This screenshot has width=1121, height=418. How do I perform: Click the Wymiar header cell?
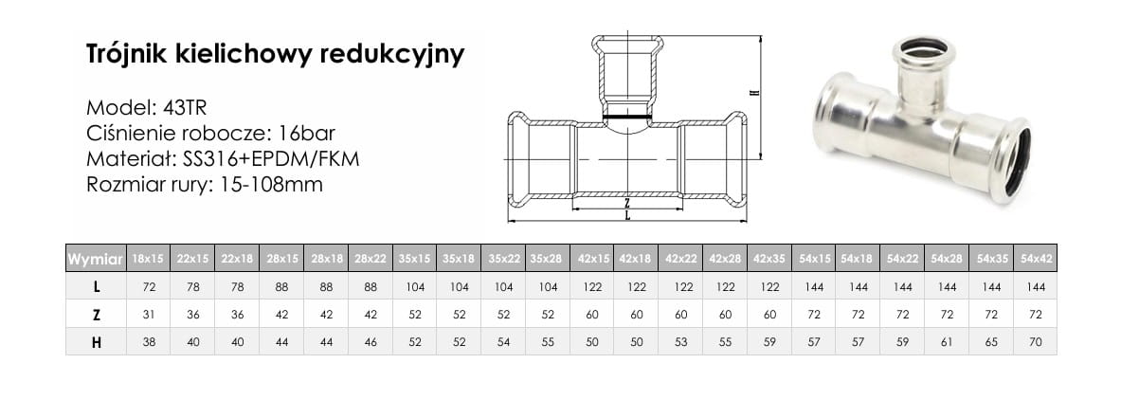pyautogui.click(x=95, y=259)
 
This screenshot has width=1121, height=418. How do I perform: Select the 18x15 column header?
pyautogui.click(x=148, y=259)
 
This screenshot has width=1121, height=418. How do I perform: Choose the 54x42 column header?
pyautogui.click(x=1035, y=259)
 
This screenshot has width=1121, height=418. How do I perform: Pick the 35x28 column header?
pyautogui.click(x=547, y=259)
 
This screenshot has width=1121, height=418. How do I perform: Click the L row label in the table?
pyautogui.click(x=97, y=287)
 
